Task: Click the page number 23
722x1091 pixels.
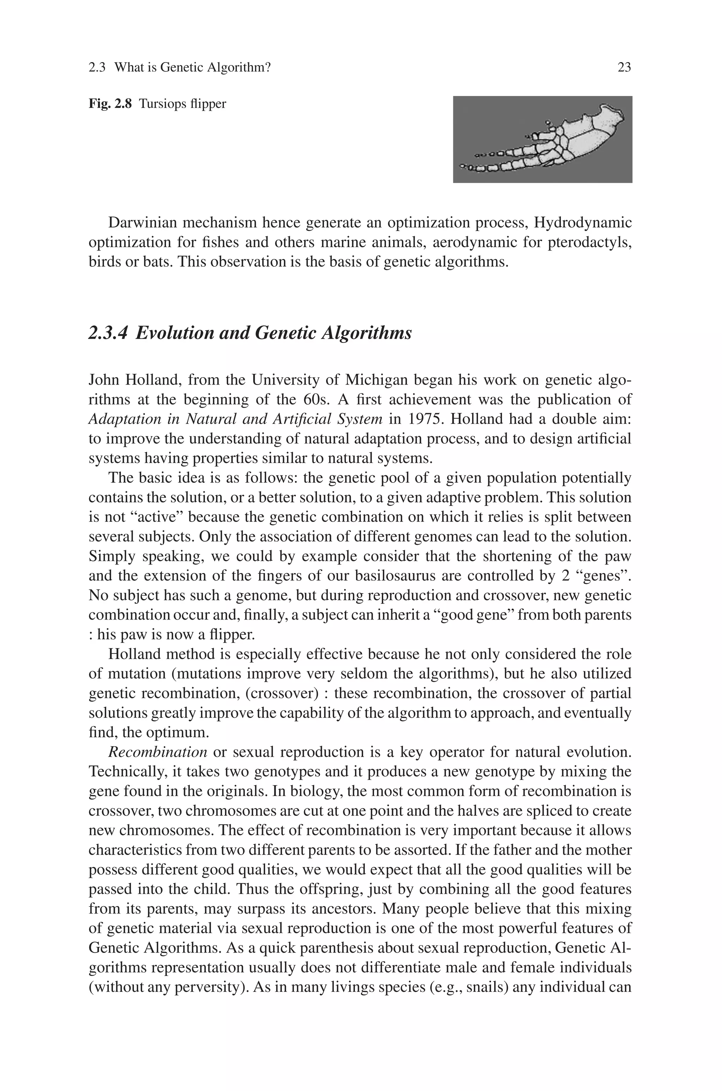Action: tap(624, 68)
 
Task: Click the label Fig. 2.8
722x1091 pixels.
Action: tap(110, 104)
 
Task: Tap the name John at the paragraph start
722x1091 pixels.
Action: tap(104, 380)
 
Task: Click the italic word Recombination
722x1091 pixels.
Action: tap(158, 752)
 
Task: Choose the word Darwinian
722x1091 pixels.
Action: tap(142, 223)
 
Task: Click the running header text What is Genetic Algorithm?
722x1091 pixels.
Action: tap(192, 68)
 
